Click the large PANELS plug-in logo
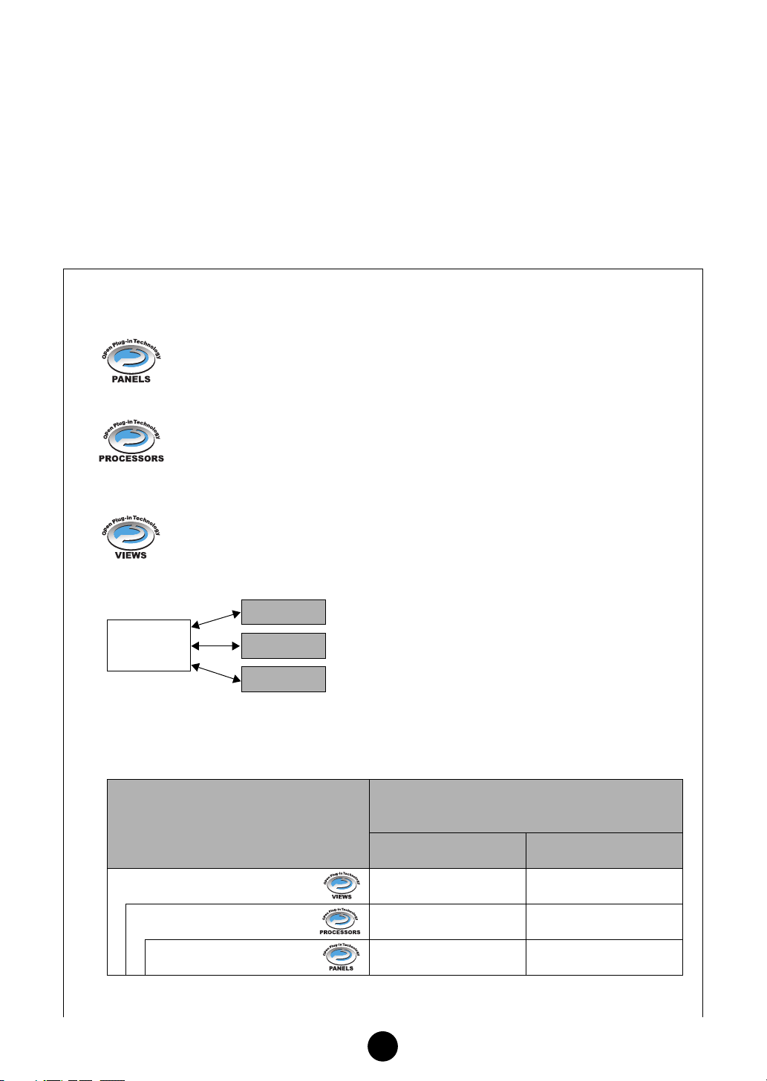click(x=131, y=359)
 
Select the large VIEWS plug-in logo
click(x=131, y=533)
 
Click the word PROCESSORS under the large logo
click(x=131, y=459)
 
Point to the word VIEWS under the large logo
click(x=131, y=555)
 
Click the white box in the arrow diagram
click(x=148, y=645)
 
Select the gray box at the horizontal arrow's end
click(x=284, y=645)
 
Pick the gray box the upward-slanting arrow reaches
click(x=284, y=612)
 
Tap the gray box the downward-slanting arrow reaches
click(x=284, y=679)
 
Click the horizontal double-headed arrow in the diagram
click(x=216, y=645)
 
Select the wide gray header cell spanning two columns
click(x=526, y=806)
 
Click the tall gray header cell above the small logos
click(x=238, y=824)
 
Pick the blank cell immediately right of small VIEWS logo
click(x=447, y=886)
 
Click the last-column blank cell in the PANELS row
click(x=604, y=957)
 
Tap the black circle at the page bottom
click(x=383, y=1046)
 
